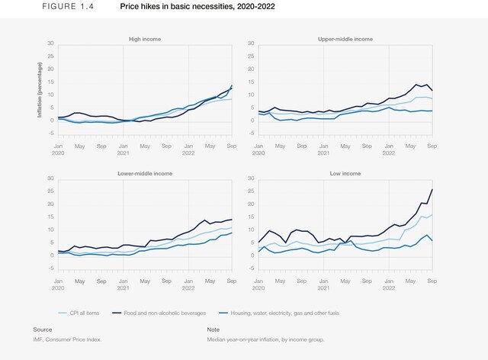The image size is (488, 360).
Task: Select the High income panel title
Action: (144, 38)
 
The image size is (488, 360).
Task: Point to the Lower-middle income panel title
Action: (144, 174)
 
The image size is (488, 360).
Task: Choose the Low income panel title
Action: (346, 174)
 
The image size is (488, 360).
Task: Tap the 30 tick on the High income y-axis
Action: (50, 43)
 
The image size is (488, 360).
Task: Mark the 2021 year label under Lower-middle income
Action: (123, 288)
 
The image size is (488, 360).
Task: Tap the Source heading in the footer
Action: (42, 329)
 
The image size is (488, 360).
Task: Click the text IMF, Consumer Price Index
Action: (67, 339)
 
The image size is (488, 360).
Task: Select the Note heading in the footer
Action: (213, 329)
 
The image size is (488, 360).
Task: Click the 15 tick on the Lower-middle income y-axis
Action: (50, 217)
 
